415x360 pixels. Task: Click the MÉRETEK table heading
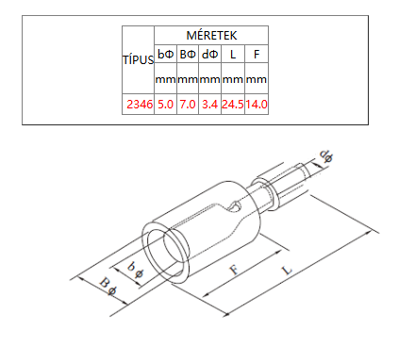pos(211,35)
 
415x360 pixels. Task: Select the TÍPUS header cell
pos(138,59)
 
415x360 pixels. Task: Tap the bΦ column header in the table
pos(165,55)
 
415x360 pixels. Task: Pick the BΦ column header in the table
pos(188,55)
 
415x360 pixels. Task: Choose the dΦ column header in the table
pos(209,55)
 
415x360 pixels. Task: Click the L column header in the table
pos(233,55)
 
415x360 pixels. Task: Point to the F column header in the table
pos(257,55)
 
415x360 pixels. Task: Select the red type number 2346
pos(140,104)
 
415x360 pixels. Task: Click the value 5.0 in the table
pos(165,104)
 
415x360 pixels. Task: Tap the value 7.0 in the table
pos(188,104)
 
